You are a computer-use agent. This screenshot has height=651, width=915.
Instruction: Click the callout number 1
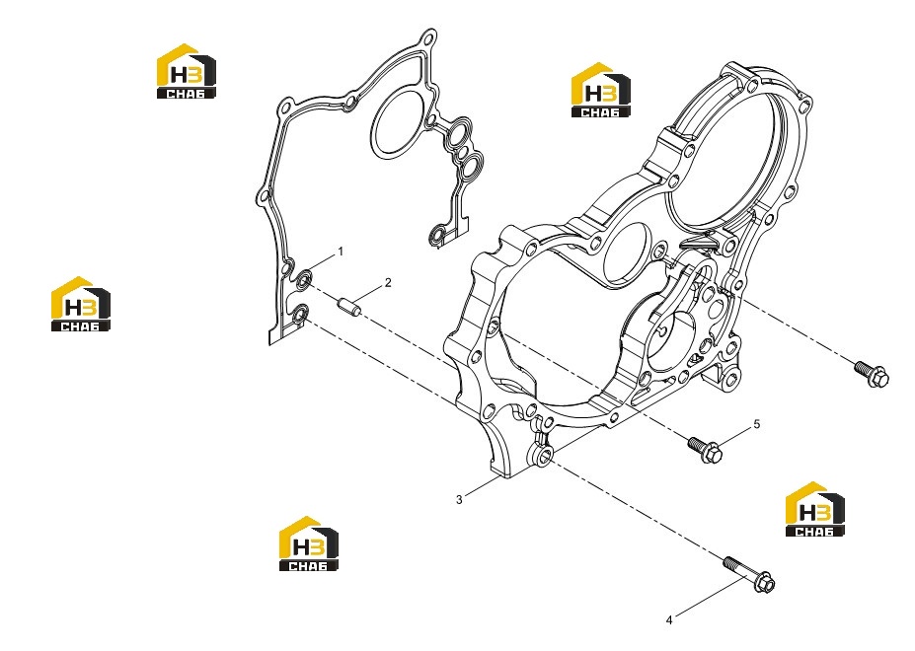click(x=341, y=252)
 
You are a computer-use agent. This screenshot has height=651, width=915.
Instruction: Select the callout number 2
click(x=388, y=283)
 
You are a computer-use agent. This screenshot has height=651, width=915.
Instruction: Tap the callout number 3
click(x=459, y=499)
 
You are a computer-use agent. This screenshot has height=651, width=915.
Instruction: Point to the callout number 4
click(x=669, y=620)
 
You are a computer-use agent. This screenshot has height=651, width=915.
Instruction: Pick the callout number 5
click(x=757, y=424)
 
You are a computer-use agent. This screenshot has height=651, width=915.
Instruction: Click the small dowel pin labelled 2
click(x=349, y=305)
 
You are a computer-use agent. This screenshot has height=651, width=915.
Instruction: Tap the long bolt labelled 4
click(x=749, y=575)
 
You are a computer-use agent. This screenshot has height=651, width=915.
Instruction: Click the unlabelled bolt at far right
click(x=872, y=375)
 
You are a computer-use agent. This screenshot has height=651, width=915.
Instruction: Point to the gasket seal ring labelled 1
click(x=303, y=280)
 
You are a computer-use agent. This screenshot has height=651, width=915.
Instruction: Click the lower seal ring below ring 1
click(x=300, y=315)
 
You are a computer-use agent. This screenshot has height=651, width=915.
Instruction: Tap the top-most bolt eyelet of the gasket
click(x=429, y=39)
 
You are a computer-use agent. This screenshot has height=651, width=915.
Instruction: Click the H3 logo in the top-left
click(x=187, y=71)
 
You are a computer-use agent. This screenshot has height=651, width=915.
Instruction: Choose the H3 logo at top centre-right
click(x=600, y=90)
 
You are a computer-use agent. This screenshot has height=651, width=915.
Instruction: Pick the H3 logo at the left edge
click(x=81, y=304)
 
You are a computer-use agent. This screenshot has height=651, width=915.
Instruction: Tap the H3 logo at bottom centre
click(x=309, y=543)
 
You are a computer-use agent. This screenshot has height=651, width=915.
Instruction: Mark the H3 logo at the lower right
click(x=814, y=509)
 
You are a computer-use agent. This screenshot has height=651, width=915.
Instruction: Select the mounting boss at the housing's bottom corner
click(x=542, y=454)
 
